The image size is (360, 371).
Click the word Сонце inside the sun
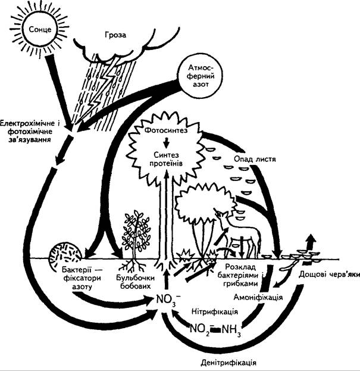tap(40, 30)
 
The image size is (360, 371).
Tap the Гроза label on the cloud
tap(115, 35)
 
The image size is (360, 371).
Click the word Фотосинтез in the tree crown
tap(165, 130)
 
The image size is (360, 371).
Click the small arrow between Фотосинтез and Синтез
tap(167, 142)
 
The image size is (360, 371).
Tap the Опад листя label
tap(255, 159)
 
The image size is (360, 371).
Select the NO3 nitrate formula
tap(168, 300)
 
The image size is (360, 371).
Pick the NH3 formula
tap(231, 330)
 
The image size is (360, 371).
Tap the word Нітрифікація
tap(215, 311)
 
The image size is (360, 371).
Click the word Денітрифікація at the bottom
tap(229, 362)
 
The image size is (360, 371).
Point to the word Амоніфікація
tap(258, 297)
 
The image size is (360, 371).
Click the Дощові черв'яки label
tap(329, 275)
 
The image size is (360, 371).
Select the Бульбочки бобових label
tap(136, 282)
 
